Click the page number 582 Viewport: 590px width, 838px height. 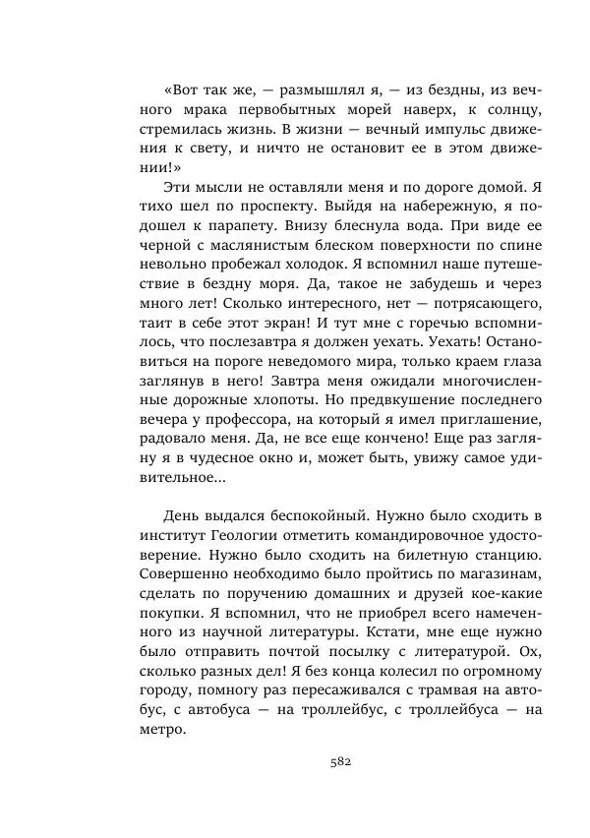tap(340, 760)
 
